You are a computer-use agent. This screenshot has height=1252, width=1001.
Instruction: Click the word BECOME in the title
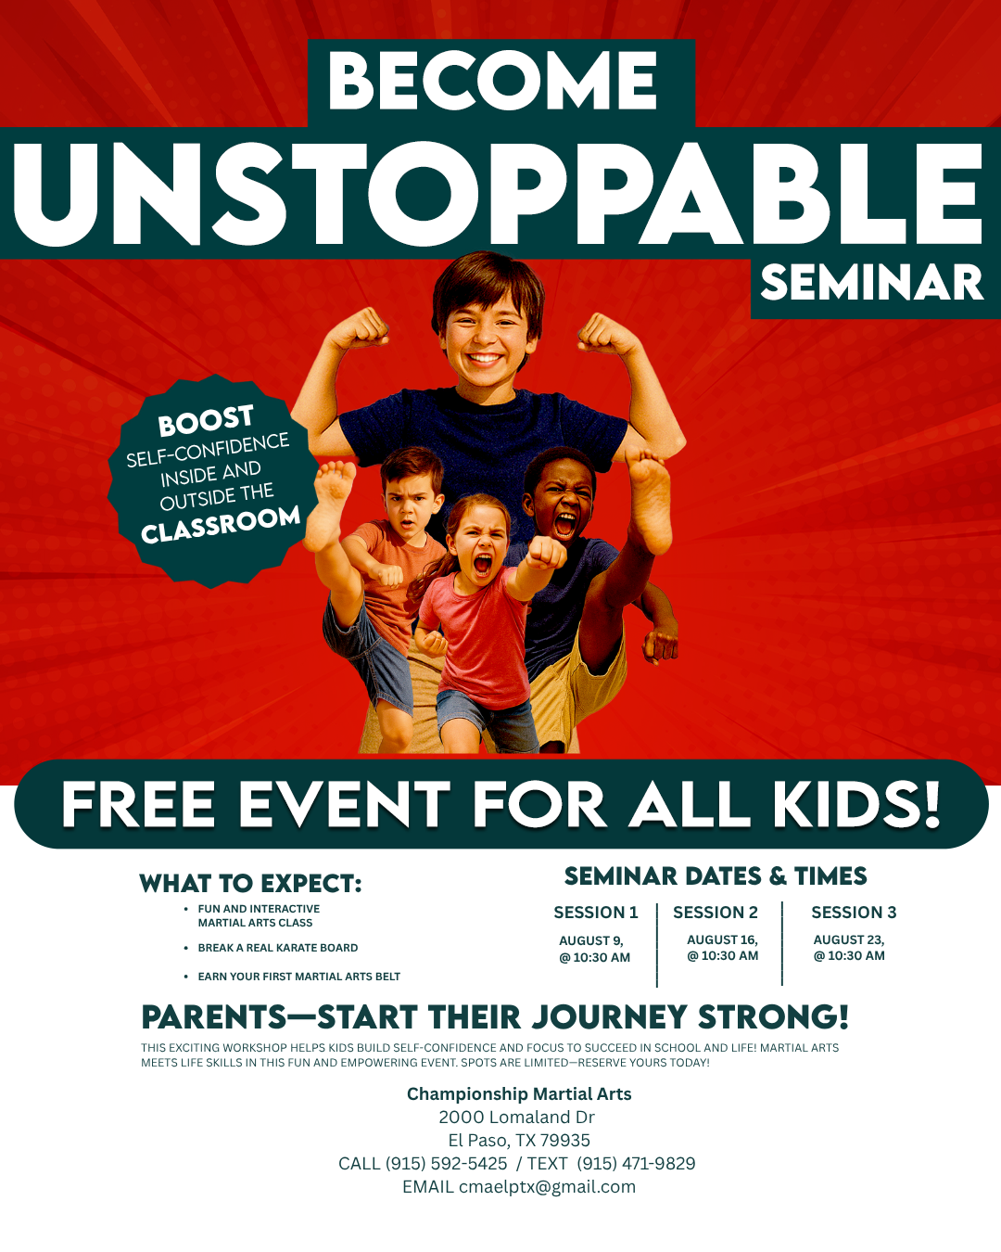(x=492, y=81)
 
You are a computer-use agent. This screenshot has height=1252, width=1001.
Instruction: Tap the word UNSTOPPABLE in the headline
(x=499, y=193)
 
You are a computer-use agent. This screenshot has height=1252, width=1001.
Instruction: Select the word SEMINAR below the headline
(x=872, y=283)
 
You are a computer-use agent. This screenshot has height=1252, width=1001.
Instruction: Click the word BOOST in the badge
(x=206, y=420)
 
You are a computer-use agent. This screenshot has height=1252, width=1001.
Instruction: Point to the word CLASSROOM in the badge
(x=221, y=525)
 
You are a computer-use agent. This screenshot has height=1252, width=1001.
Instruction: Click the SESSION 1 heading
(x=596, y=913)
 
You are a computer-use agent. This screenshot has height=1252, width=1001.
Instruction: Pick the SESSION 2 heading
(x=716, y=913)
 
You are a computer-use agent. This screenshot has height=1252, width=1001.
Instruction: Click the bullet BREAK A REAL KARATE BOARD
(x=277, y=948)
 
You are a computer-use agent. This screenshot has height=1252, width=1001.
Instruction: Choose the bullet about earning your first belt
(x=299, y=977)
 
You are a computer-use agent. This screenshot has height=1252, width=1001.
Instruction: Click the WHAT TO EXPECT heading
(x=250, y=883)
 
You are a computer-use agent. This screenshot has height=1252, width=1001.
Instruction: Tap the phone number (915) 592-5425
(x=446, y=1164)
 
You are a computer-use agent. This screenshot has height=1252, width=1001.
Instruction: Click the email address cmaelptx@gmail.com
(x=548, y=1187)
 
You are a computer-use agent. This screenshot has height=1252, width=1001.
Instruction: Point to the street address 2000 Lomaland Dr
(x=516, y=1117)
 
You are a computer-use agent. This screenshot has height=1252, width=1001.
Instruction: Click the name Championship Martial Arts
(x=519, y=1093)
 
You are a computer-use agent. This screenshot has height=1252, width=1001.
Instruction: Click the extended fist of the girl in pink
(x=544, y=552)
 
